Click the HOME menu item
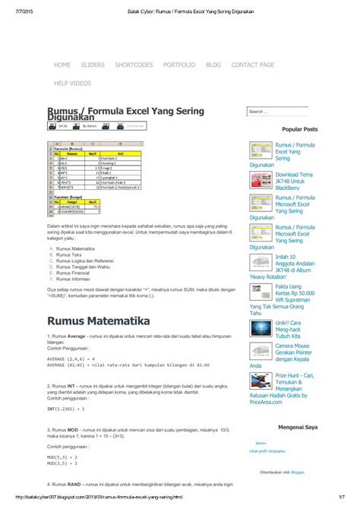(x=62, y=65)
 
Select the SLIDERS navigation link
(x=93, y=65)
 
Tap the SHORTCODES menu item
(x=134, y=65)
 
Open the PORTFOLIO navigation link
(x=179, y=65)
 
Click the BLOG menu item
(x=213, y=65)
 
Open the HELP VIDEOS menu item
(x=73, y=82)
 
